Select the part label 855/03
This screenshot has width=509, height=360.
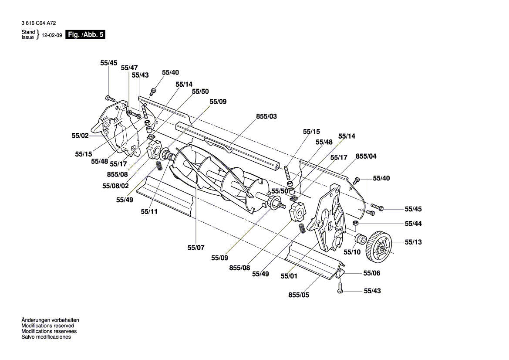266,117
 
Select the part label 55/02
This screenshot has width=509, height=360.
80,136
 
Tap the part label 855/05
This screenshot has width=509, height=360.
299,295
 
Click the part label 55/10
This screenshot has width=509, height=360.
352,251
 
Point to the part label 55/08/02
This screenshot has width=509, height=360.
116,186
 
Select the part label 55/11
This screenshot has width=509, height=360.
149,212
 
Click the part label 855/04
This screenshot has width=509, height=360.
366,156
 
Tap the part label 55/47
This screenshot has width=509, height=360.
129,68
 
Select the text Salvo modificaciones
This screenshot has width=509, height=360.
46,337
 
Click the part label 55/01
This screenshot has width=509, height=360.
289,275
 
